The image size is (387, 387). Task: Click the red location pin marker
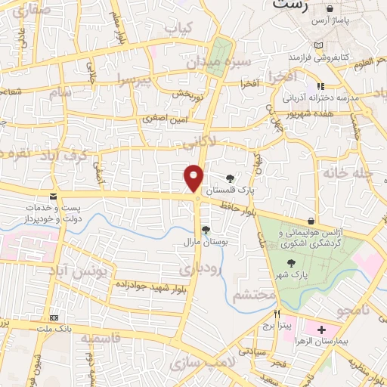tap(194, 178)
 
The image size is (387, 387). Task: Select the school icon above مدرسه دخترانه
tap(320, 86)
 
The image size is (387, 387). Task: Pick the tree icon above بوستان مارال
tap(206, 229)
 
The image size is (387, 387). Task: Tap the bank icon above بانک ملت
tap(54, 317)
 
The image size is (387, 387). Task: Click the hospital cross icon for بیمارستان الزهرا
tap(322, 330)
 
